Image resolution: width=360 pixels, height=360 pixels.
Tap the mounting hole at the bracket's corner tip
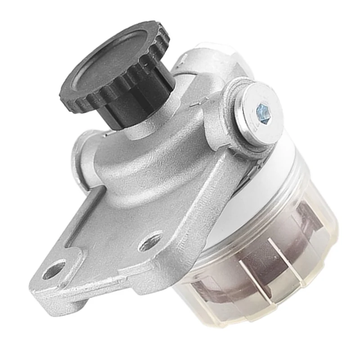54,270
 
